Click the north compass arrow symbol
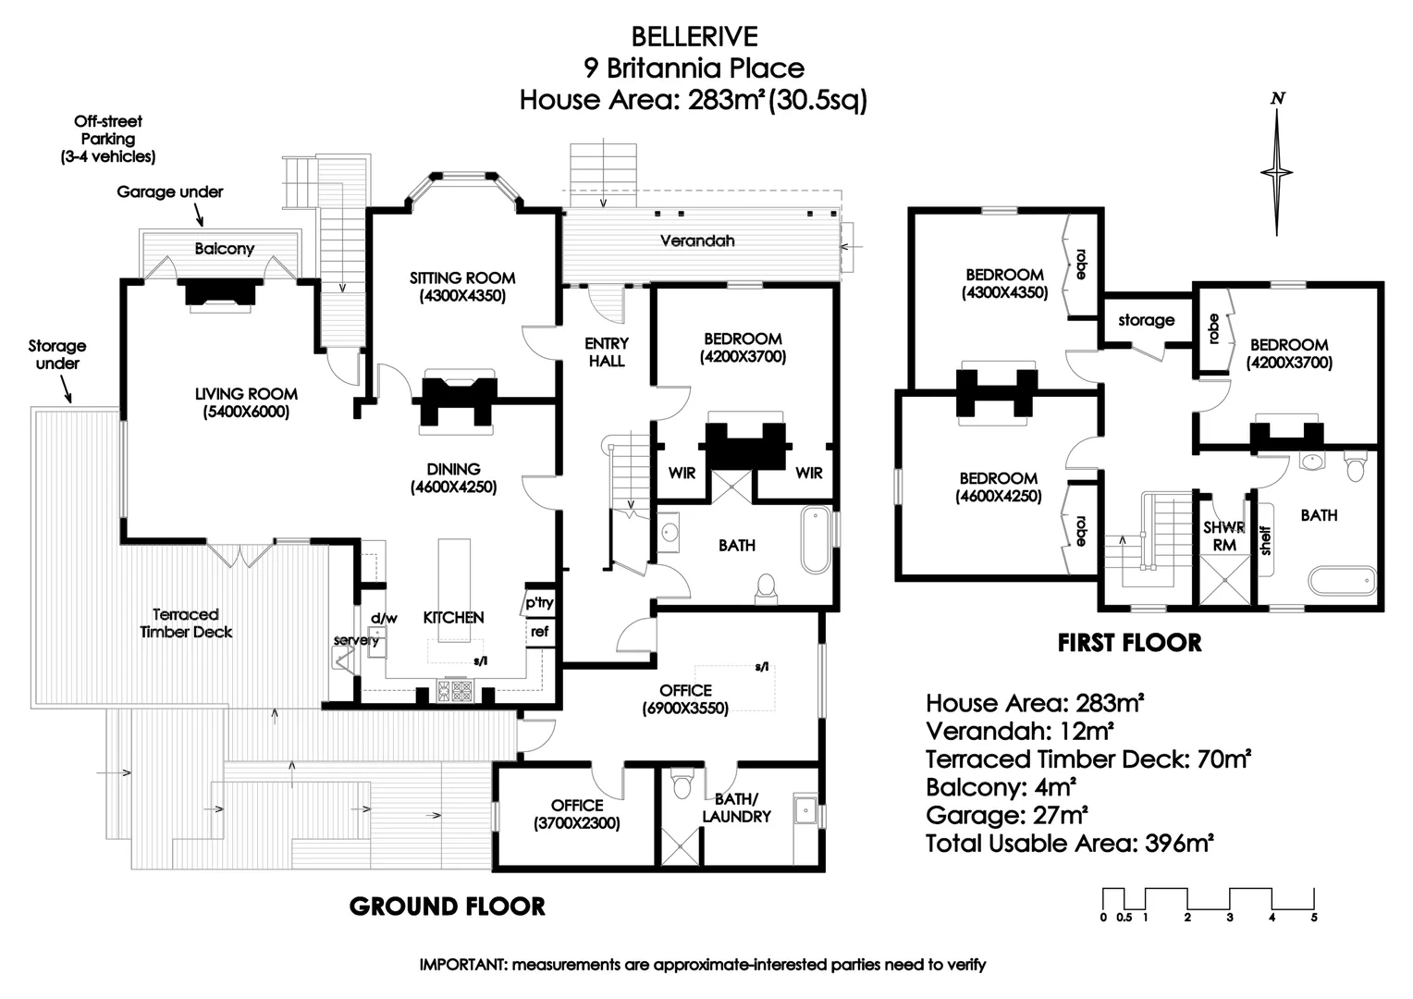1277,171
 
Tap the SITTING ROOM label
462,278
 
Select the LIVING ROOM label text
246,394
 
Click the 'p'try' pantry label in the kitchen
539,603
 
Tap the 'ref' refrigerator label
539,632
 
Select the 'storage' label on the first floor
1146,320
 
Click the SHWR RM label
1223,536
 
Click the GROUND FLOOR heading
447,906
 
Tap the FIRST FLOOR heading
1129,643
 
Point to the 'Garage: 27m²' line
1006,815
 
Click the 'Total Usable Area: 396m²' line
1069,844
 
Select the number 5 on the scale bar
1313,918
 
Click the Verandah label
697,240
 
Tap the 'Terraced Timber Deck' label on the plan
186,623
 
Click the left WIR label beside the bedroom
682,473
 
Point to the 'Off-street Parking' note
108,139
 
